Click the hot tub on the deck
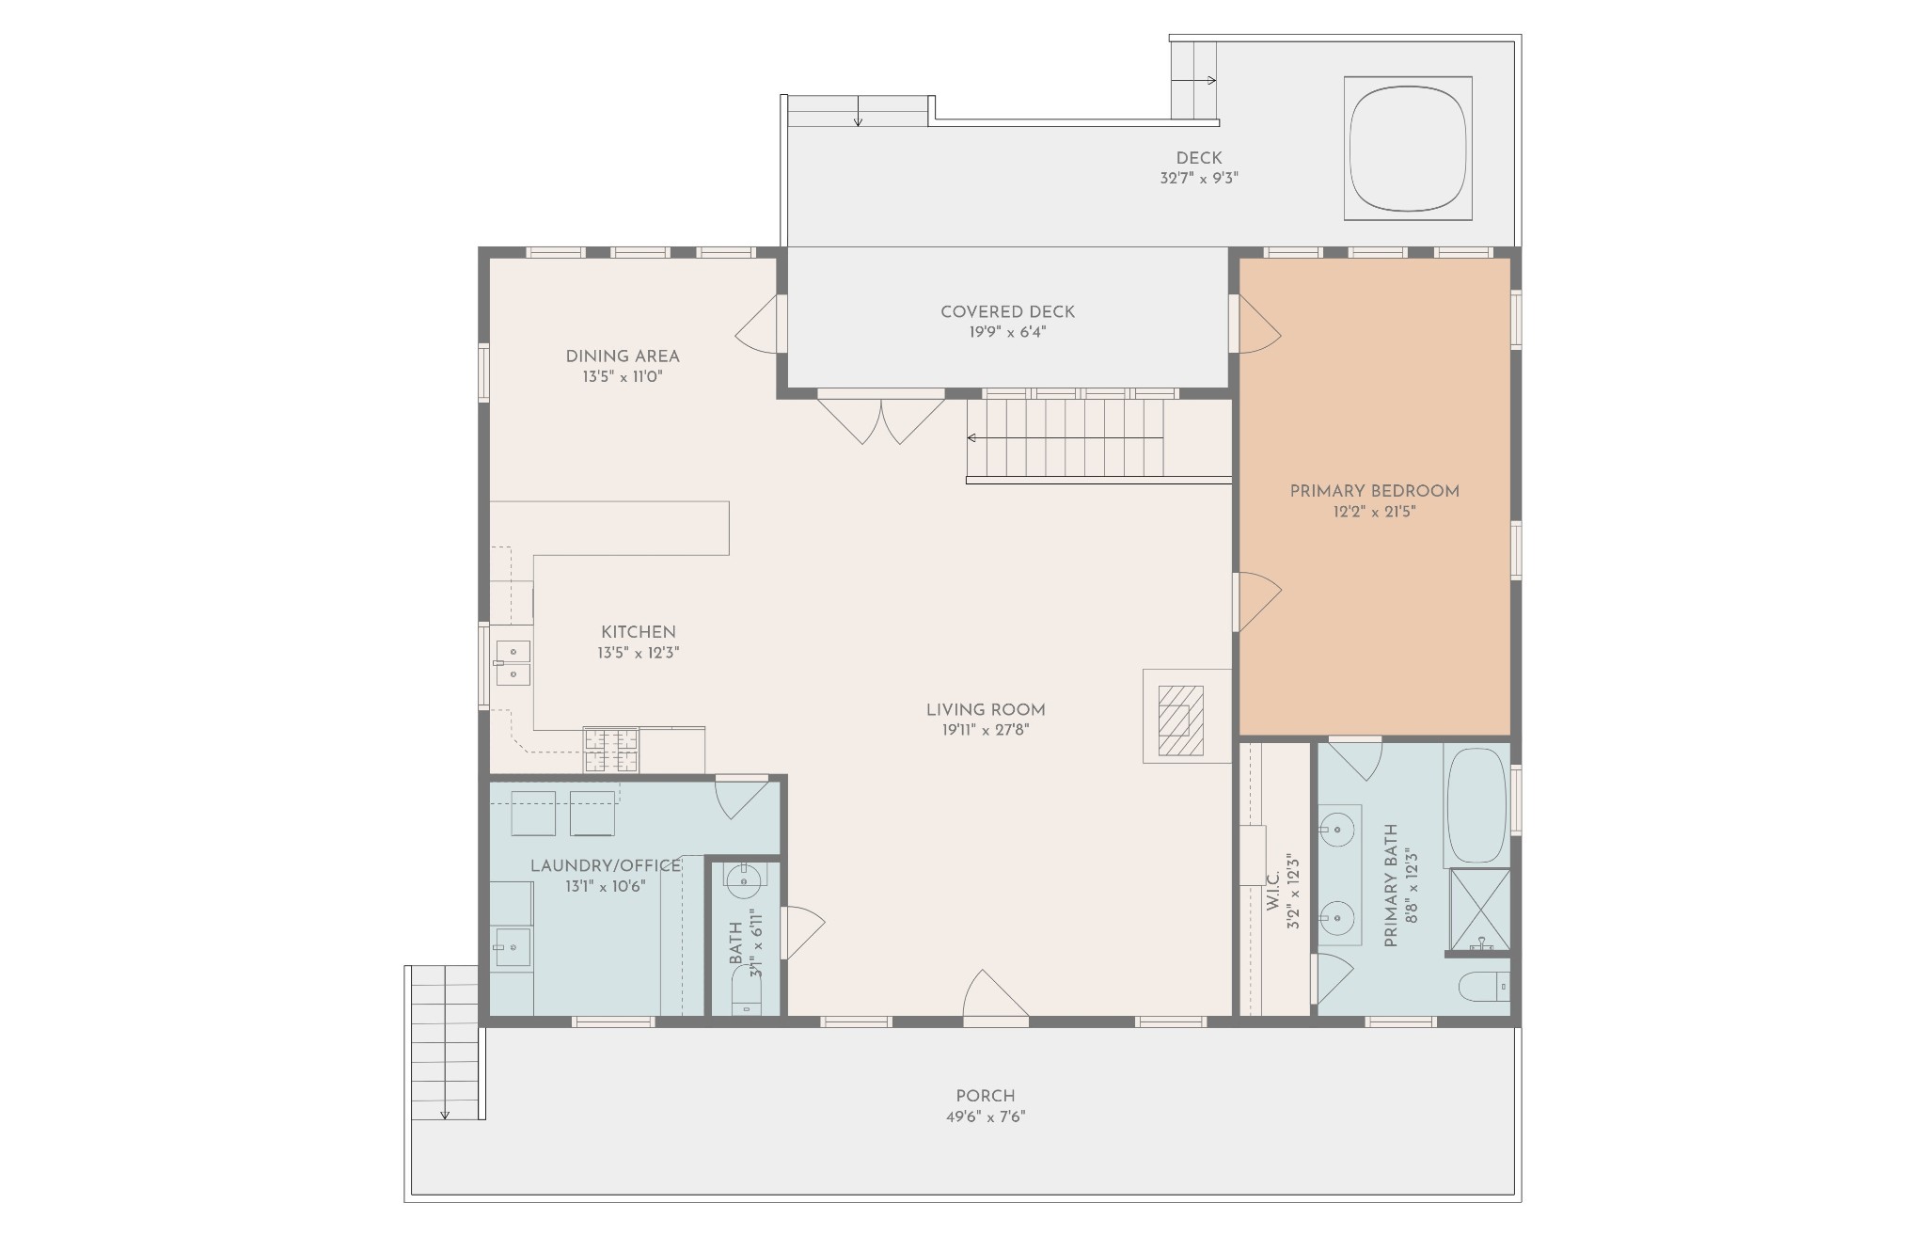pyautogui.click(x=1408, y=149)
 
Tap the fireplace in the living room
pyautogui.click(x=1180, y=721)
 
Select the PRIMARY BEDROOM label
pyautogui.click(x=1374, y=491)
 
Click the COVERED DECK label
pyautogui.click(x=1007, y=311)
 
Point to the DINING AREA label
pyautogui.click(x=623, y=356)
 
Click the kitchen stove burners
pyautogui.click(x=611, y=750)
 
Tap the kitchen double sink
pyautogui.click(x=513, y=662)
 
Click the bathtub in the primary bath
pyautogui.click(x=1476, y=807)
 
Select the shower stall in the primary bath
pyautogui.click(x=1479, y=910)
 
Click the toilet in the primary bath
pyautogui.click(x=1484, y=988)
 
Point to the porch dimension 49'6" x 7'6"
pyautogui.click(x=986, y=1117)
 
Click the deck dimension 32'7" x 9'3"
pyautogui.click(x=1199, y=178)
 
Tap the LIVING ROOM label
pyautogui.click(x=986, y=710)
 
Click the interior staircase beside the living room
pyautogui.click(x=1066, y=438)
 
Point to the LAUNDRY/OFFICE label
pyautogui.click(x=606, y=865)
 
